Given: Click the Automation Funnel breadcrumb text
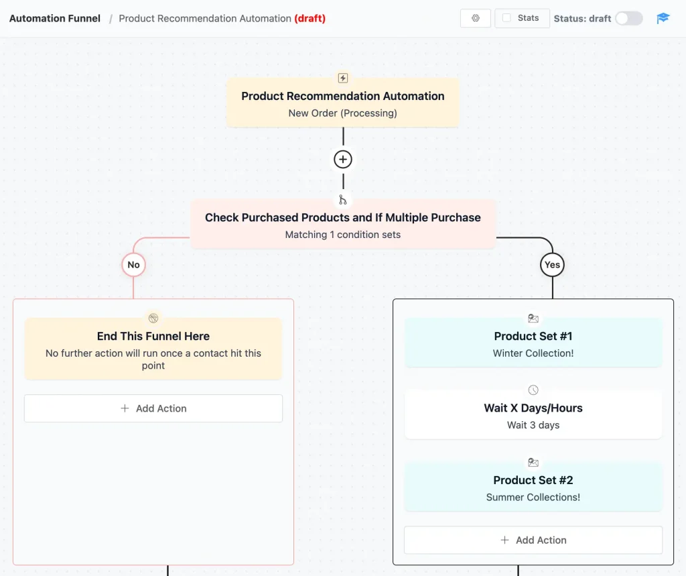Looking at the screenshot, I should (55, 18).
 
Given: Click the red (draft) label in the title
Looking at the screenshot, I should (310, 18).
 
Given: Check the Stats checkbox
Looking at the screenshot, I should (507, 18).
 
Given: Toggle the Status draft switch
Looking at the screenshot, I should (628, 18).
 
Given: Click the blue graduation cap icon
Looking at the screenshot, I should (663, 18).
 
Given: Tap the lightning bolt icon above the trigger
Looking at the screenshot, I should (343, 78).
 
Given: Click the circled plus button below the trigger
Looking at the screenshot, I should (343, 160).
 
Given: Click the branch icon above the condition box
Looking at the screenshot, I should (343, 200).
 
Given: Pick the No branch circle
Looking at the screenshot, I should (133, 265).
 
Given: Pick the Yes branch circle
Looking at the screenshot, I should (552, 265).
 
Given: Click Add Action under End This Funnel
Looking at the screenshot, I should (153, 408).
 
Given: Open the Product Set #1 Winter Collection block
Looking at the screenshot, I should (533, 344).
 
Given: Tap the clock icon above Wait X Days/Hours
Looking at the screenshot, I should (533, 390).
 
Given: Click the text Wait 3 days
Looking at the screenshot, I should (533, 425).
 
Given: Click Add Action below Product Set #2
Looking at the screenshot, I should (533, 540).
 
